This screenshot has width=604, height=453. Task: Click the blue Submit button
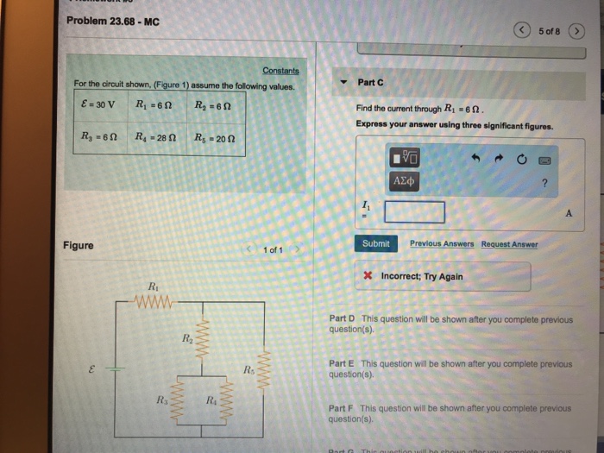click(375, 244)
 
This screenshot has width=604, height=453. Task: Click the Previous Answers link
click(442, 244)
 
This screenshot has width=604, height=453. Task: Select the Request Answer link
click(509, 244)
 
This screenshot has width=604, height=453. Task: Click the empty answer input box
click(415, 211)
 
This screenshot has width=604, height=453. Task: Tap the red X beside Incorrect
click(368, 277)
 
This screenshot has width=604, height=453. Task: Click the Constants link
click(280, 71)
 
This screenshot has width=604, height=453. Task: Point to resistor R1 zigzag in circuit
click(154, 302)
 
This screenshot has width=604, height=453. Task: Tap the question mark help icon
click(544, 182)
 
